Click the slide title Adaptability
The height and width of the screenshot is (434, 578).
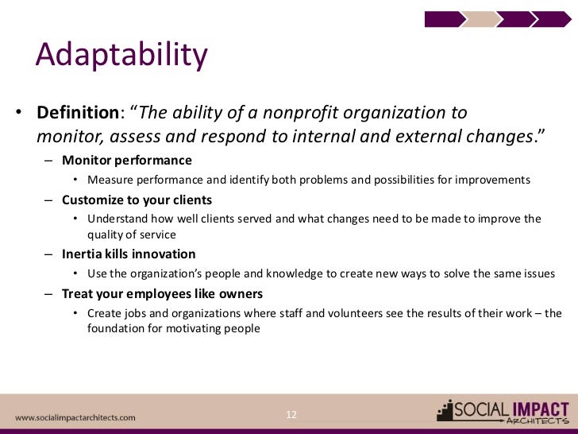[121, 56]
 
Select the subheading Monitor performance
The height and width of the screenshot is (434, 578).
[126, 161]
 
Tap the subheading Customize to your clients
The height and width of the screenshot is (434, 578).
[137, 200]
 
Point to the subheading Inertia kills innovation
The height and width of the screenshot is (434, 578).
[129, 254]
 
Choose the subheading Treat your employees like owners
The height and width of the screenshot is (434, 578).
[162, 294]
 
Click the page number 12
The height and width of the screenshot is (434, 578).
[291, 414]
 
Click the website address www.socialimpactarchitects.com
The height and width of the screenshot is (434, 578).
[75, 417]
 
